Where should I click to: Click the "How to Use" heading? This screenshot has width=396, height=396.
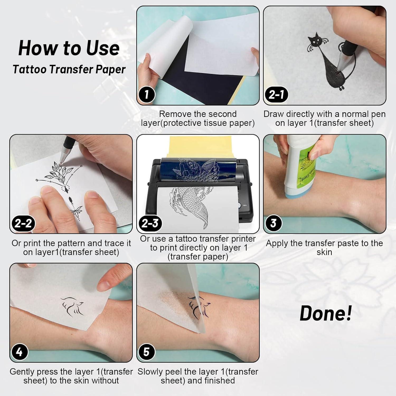[69, 48]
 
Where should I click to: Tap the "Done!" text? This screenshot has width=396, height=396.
[326, 313]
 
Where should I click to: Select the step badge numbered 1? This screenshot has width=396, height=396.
[147, 94]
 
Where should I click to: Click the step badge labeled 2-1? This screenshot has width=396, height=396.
[276, 94]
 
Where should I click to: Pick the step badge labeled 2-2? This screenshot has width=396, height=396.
[23, 223]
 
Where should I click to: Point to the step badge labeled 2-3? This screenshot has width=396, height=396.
[150, 223]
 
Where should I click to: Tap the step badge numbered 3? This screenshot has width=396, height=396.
[274, 223]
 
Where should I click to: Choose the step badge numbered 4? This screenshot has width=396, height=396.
[20, 352]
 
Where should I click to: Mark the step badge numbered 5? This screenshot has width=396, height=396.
[147, 352]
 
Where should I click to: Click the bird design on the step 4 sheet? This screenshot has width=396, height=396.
[72, 306]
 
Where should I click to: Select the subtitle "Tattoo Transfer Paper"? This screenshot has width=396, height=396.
[69, 69]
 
